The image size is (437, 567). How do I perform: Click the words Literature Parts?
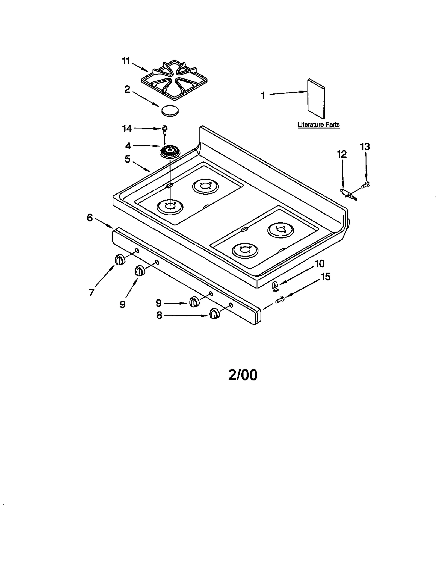tap(318, 125)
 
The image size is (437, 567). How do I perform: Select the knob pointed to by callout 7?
tap(120, 259)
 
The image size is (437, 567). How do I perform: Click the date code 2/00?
tap(243, 375)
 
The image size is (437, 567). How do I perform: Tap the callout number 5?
tap(128, 159)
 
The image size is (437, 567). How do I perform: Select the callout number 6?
tap(90, 218)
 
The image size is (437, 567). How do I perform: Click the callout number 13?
tap(365, 147)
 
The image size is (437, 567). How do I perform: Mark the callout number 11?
tap(126, 61)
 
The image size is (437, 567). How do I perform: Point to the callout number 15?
tap(325, 277)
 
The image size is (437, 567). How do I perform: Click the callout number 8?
tap(159, 316)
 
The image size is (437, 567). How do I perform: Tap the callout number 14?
tap(127, 129)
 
